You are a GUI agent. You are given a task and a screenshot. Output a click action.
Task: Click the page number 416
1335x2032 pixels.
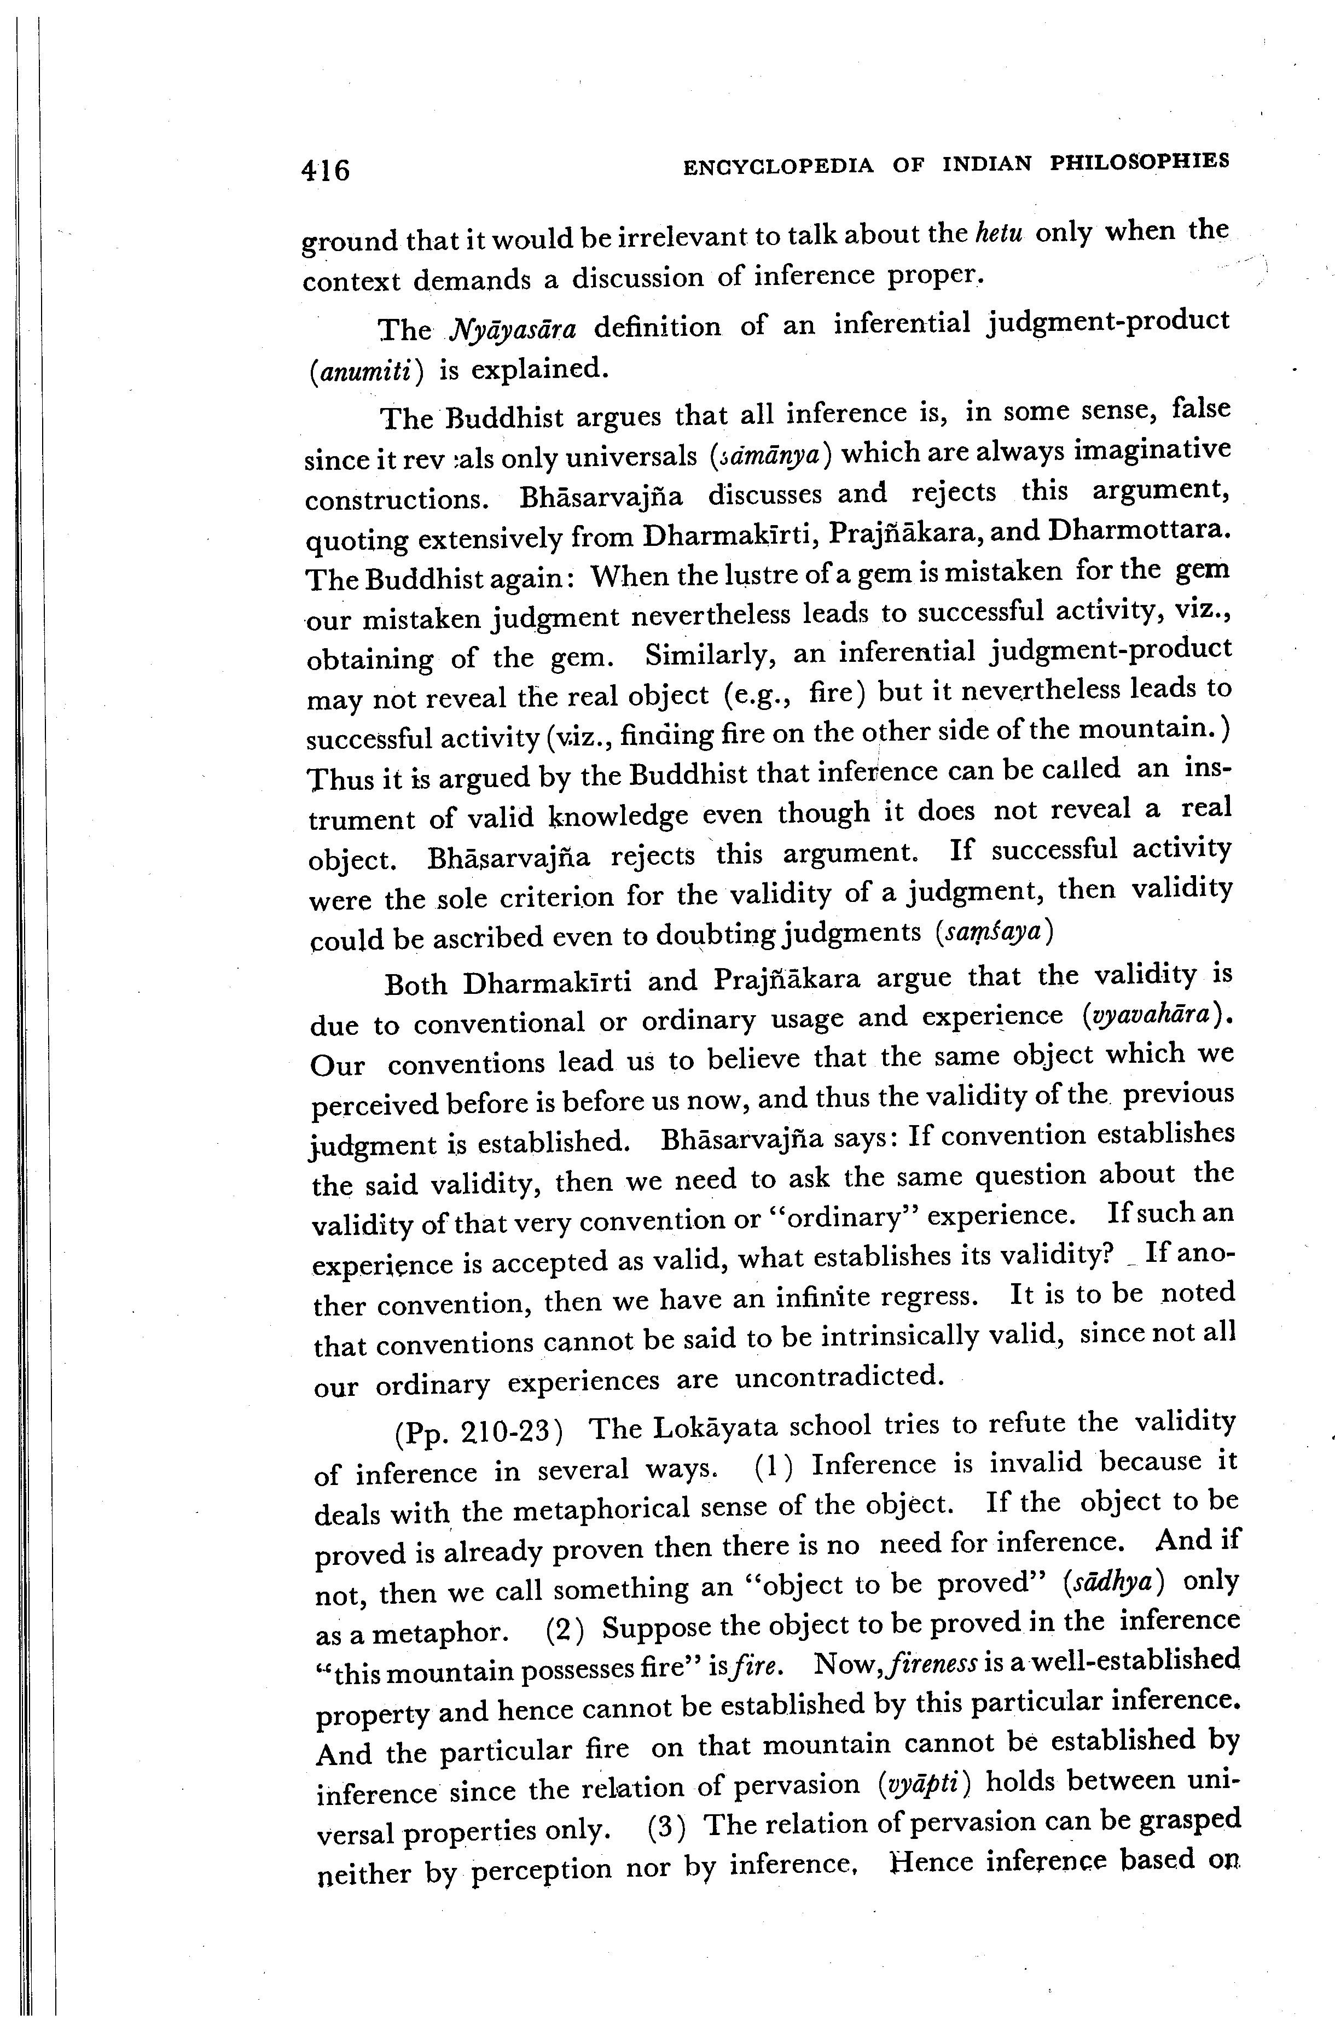(x=326, y=171)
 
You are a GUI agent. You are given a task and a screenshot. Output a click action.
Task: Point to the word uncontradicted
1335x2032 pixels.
(x=839, y=1376)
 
